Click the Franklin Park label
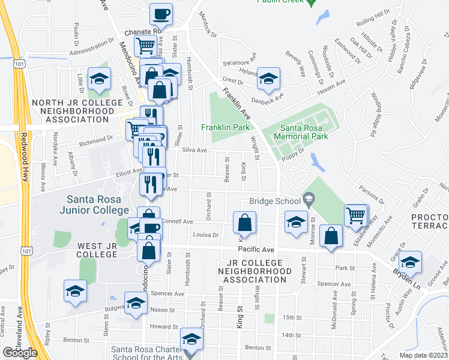[x=225, y=127]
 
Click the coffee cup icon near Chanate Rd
[x=161, y=13]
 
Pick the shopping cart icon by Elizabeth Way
[x=356, y=214]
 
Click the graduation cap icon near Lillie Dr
[x=99, y=78]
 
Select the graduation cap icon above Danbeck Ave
[x=269, y=77]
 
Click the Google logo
[x=20, y=353]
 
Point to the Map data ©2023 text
[x=423, y=355]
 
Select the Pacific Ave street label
[x=256, y=249]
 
